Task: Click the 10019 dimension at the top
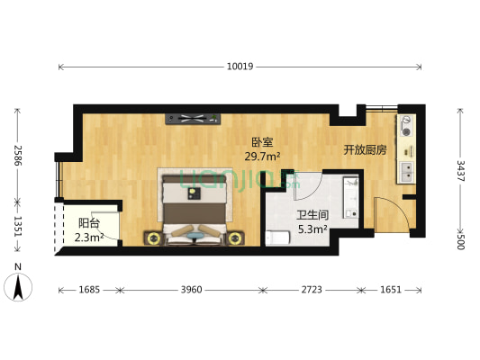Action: coord(240,66)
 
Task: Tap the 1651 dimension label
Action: coord(390,291)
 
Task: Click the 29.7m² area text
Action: coord(262,157)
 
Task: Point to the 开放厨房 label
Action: coord(365,149)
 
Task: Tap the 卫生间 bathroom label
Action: coord(311,214)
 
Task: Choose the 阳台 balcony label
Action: coord(88,223)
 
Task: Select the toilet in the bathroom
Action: coord(277,238)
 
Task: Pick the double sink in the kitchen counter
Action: coord(408,168)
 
